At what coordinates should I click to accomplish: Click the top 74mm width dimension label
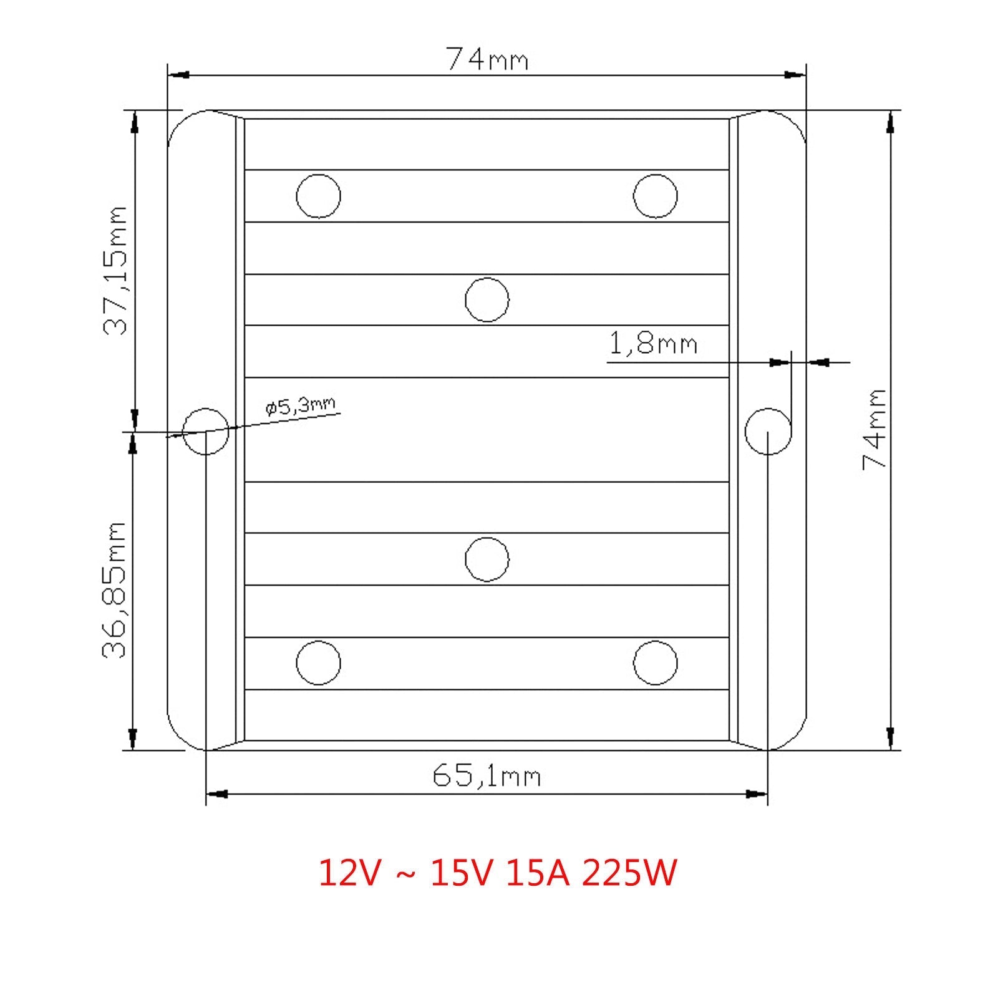[x=486, y=59]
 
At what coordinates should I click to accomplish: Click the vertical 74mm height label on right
[x=874, y=429]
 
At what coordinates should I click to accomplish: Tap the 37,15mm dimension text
[x=115, y=271]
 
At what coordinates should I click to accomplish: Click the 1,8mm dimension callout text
[x=652, y=344]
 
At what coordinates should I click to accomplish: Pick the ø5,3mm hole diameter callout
[x=300, y=406]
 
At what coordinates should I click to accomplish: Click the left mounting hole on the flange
[x=206, y=432]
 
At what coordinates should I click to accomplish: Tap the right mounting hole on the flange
[x=768, y=432]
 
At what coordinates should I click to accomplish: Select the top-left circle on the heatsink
[x=318, y=196]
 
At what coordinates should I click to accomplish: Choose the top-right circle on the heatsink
[x=655, y=196]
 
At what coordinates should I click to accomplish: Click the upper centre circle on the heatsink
[x=487, y=299]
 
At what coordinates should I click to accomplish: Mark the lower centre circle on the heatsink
[x=487, y=559]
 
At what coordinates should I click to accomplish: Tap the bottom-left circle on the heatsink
[x=318, y=662]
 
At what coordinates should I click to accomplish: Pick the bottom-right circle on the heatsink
[x=655, y=662]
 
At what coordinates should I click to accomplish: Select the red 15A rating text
[x=538, y=873]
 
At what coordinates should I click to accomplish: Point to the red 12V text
[x=349, y=873]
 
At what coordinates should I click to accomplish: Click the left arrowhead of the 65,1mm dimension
[x=216, y=794]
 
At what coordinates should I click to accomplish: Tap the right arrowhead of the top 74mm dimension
[x=796, y=75]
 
